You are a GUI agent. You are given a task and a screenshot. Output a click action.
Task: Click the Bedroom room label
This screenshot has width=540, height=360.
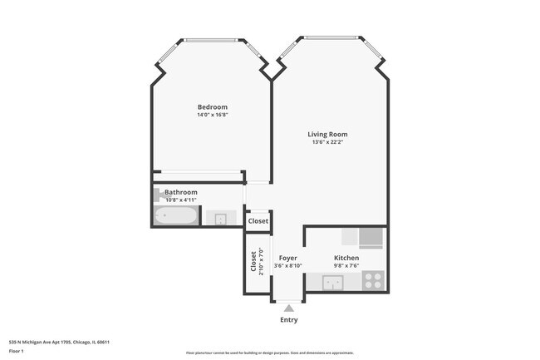(212, 106)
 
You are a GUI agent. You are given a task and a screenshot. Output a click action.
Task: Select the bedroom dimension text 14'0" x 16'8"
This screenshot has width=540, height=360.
(212, 115)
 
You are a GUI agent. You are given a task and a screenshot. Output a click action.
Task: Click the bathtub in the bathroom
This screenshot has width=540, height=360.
(176, 218)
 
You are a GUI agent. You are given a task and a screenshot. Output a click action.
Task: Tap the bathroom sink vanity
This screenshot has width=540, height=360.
(221, 219)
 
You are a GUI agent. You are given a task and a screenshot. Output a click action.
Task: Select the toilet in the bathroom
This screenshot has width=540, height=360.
(159, 195)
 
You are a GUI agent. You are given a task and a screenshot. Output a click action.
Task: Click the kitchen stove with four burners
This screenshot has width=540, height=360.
(373, 281)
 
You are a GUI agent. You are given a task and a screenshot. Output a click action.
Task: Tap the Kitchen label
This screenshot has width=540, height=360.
(346, 259)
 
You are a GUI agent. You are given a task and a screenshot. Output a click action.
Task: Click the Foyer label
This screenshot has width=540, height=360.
(288, 258)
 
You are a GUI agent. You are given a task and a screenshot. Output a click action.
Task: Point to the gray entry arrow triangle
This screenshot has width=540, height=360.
(288, 308)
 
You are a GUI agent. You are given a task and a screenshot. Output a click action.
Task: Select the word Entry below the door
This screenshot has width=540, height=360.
(288, 320)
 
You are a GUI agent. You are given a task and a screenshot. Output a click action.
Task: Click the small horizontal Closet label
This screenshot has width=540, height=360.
(258, 221)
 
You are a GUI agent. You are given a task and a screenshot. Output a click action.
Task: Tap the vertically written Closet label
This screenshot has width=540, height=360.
(253, 262)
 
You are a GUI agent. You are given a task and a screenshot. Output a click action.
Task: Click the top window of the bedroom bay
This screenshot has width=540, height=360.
(211, 40)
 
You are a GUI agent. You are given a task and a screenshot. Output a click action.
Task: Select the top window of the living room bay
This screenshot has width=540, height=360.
(331, 37)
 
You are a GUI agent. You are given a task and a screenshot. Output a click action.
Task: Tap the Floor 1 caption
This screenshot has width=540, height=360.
(17, 352)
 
